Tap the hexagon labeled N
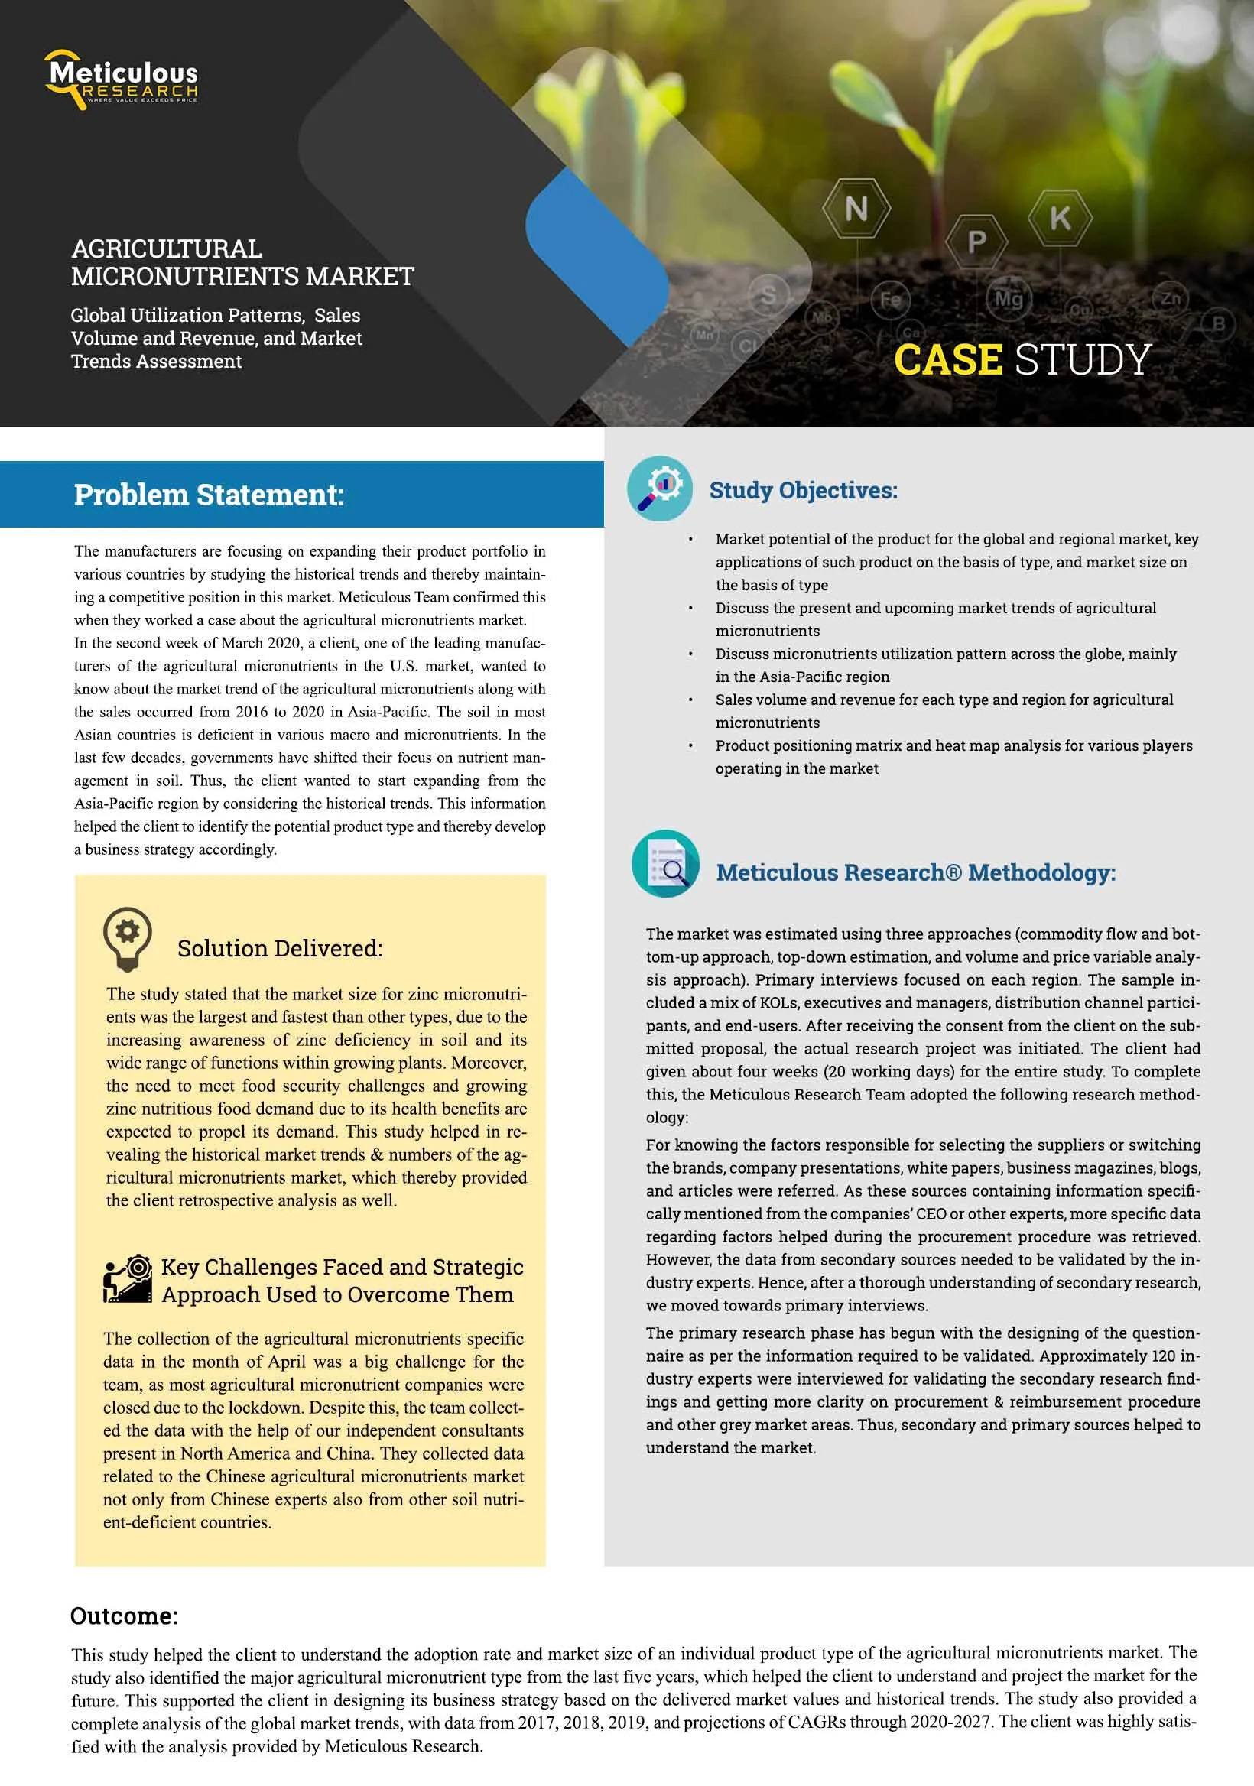point(856,209)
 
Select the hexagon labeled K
point(1060,218)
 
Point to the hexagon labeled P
point(976,242)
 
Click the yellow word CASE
point(947,359)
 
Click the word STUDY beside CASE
point(1082,359)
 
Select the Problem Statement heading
point(209,495)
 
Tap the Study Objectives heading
point(803,490)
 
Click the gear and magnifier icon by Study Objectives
point(660,489)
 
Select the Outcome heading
point(124,1616)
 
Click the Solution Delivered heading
point(280,948)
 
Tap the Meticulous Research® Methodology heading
point(915,872)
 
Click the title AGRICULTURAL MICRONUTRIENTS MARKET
point(242,262)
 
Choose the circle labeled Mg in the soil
point(1009,299)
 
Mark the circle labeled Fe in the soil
point(891,300)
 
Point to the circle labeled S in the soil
point(768,296)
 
